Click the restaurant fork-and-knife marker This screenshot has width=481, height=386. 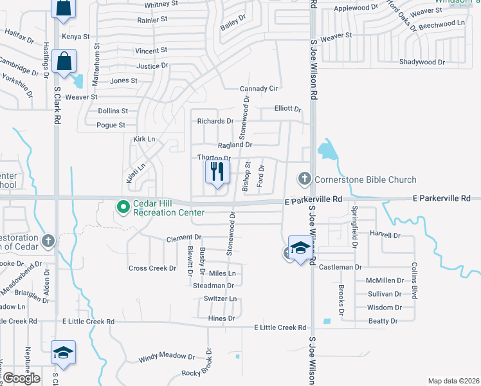[217, 172]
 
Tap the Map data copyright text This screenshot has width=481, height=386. [453, 381]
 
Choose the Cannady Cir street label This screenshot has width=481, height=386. [259, 88]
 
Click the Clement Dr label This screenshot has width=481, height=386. [184, 238]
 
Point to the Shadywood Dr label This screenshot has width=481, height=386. [422, 62]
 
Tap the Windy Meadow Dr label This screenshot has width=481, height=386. [167, 356]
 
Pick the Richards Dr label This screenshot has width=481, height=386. [215, 121]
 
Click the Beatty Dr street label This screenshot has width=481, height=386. [382, 320]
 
